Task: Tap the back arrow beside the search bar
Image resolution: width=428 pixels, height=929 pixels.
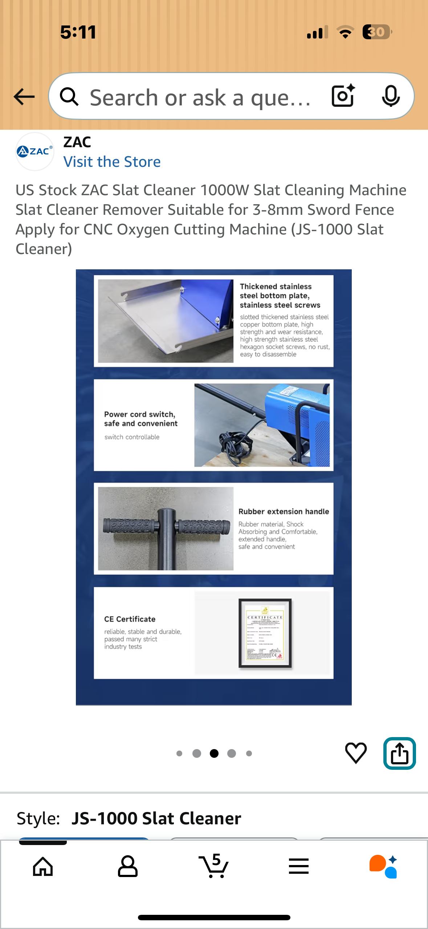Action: click(x=24, y=97)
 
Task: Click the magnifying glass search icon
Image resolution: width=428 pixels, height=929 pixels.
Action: click(x=69, y=97)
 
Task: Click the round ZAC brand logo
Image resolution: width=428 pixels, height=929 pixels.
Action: click(x=34, y=151)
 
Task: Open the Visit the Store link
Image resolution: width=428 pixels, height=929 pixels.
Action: click(x=112, y=162)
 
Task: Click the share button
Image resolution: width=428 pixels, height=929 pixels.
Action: click(x=399, y=753)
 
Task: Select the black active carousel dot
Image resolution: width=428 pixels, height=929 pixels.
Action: click(x=214, y=753)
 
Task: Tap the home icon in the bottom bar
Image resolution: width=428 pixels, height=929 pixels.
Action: click(x=43, y=866)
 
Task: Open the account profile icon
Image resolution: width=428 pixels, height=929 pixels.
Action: click(x=128, y=866)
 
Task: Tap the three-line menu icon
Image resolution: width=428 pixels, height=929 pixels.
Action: click(x=299, y=866)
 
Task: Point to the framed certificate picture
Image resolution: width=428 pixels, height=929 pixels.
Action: click(x=265, y=633)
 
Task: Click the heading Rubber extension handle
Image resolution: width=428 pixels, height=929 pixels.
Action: click(x=284, y=511)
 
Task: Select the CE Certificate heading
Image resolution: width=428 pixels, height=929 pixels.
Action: click(x=130, y=619)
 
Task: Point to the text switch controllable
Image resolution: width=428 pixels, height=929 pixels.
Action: click(x=132, y=437)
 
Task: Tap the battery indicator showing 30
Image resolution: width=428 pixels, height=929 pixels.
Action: click(x=376, y=32)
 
